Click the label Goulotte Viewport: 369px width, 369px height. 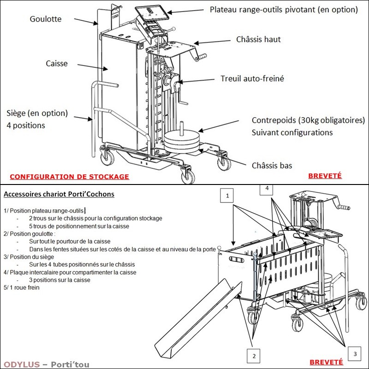tap(45, 20)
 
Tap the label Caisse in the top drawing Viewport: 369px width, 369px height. tap(57, 63)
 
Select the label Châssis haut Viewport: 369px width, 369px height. tap(258, 40)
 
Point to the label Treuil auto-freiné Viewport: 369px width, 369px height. tap(252, 79)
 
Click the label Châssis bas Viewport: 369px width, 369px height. tap(272, 165)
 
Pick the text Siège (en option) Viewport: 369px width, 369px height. tap(37, 113)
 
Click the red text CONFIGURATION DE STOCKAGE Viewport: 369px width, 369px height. tap(69, 177)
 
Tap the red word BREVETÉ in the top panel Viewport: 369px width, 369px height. tap(325, 176)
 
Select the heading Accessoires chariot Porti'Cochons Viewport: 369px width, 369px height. tap(59, 194)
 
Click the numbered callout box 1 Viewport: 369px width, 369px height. tap(226, 196)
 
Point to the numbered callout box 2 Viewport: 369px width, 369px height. tap(253, 356)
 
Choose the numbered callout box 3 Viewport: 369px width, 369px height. tap(354, 354)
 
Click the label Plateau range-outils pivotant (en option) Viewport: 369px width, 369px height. tap(284, 9)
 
